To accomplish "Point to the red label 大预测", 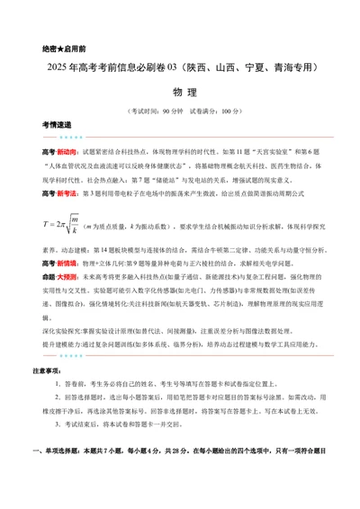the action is pyautogui.click(x=68, y=305).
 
